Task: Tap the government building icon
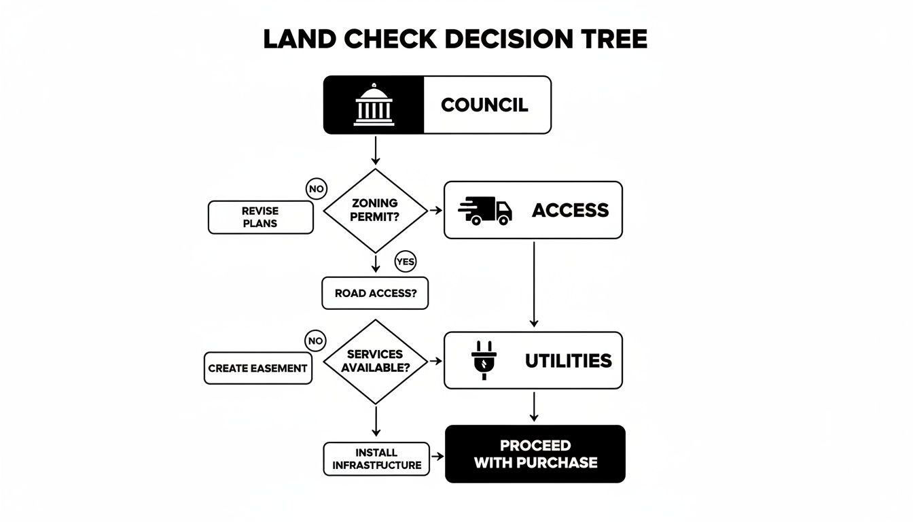(373, 105)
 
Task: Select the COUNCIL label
(484, 105)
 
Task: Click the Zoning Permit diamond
(375, 210)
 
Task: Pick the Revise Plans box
(260, 217)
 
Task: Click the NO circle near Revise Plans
(316, 190)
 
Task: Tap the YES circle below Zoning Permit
(406, 262)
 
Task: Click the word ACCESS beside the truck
(570, 210)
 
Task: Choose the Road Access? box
(375, 293)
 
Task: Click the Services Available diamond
(375, 361)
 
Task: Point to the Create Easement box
(258, 368)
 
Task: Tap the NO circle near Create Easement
(316, 341)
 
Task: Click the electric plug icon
(480, 360)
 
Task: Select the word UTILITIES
(568, 360)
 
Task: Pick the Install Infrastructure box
(376, 459)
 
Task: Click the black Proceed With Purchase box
(535, 454)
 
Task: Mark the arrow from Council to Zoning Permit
(375, 150)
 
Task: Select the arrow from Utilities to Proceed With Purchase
(534, 406)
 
